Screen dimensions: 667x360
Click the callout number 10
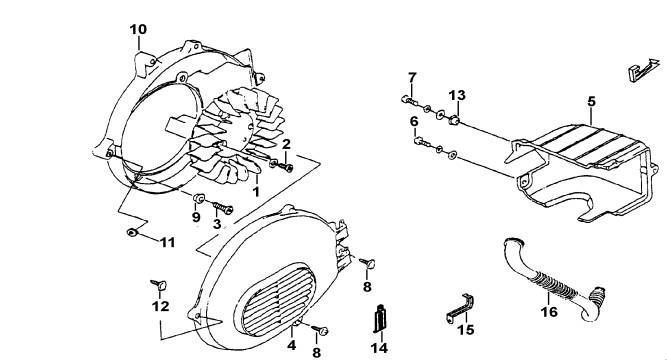(x=138, y=29)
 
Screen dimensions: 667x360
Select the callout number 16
(x=549, y=312)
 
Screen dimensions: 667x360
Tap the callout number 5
(x=592, y=102)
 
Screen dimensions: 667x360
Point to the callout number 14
(x=379, y=348)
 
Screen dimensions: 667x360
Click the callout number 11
(x=168, y=243)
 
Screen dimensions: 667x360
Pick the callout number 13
(x=458, y=95)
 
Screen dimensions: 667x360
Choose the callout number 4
(x=291, y=345)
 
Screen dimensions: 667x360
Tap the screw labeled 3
(x=222, y=208)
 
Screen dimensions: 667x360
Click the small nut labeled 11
(x=131, y=233)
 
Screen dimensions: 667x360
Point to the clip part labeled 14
(x=380, y=318)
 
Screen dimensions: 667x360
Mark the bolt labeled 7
(x=409, y=100)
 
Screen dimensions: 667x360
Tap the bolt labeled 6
(x=420, y=141)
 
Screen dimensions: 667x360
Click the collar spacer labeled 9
(x=199, y=198)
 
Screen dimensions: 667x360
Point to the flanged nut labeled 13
(x=454, y=120)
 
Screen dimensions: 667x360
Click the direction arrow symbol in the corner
(x=644, y=69)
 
